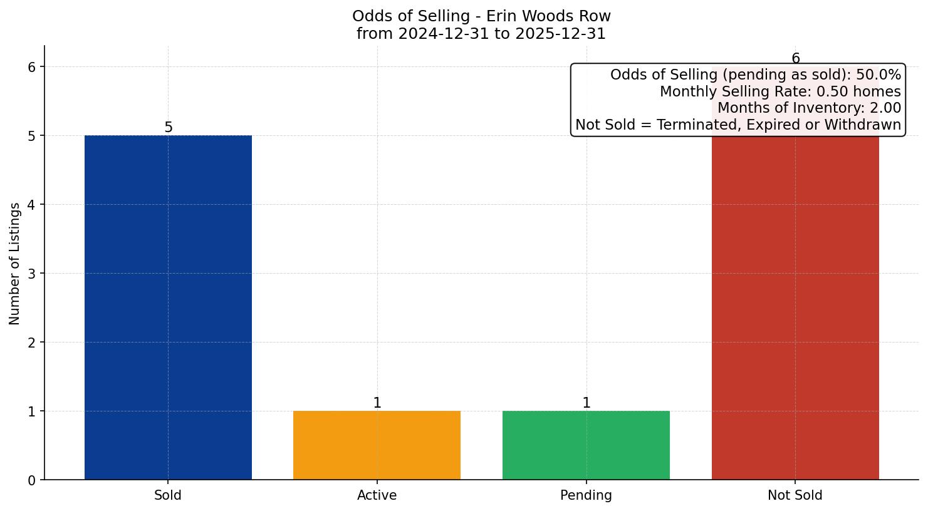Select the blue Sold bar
click(168, 307)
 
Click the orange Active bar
click(377, 445)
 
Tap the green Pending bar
click(586, 445)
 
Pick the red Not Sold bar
click(795, 307)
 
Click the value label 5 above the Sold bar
click(168, 128)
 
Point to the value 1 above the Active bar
click(377, 403)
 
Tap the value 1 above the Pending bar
click(587, 403)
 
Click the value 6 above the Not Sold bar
click(796, 59)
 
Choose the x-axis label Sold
click(168, 495)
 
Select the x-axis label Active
click(377, 495)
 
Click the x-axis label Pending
click(586, 495)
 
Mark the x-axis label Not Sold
click(795, 495)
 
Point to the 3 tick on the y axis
click(32, 274)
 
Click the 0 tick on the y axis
click(32, 480)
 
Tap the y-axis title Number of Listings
click(15, 263)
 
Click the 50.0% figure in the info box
click(878, 75)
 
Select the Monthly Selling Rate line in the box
click(780, 92)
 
